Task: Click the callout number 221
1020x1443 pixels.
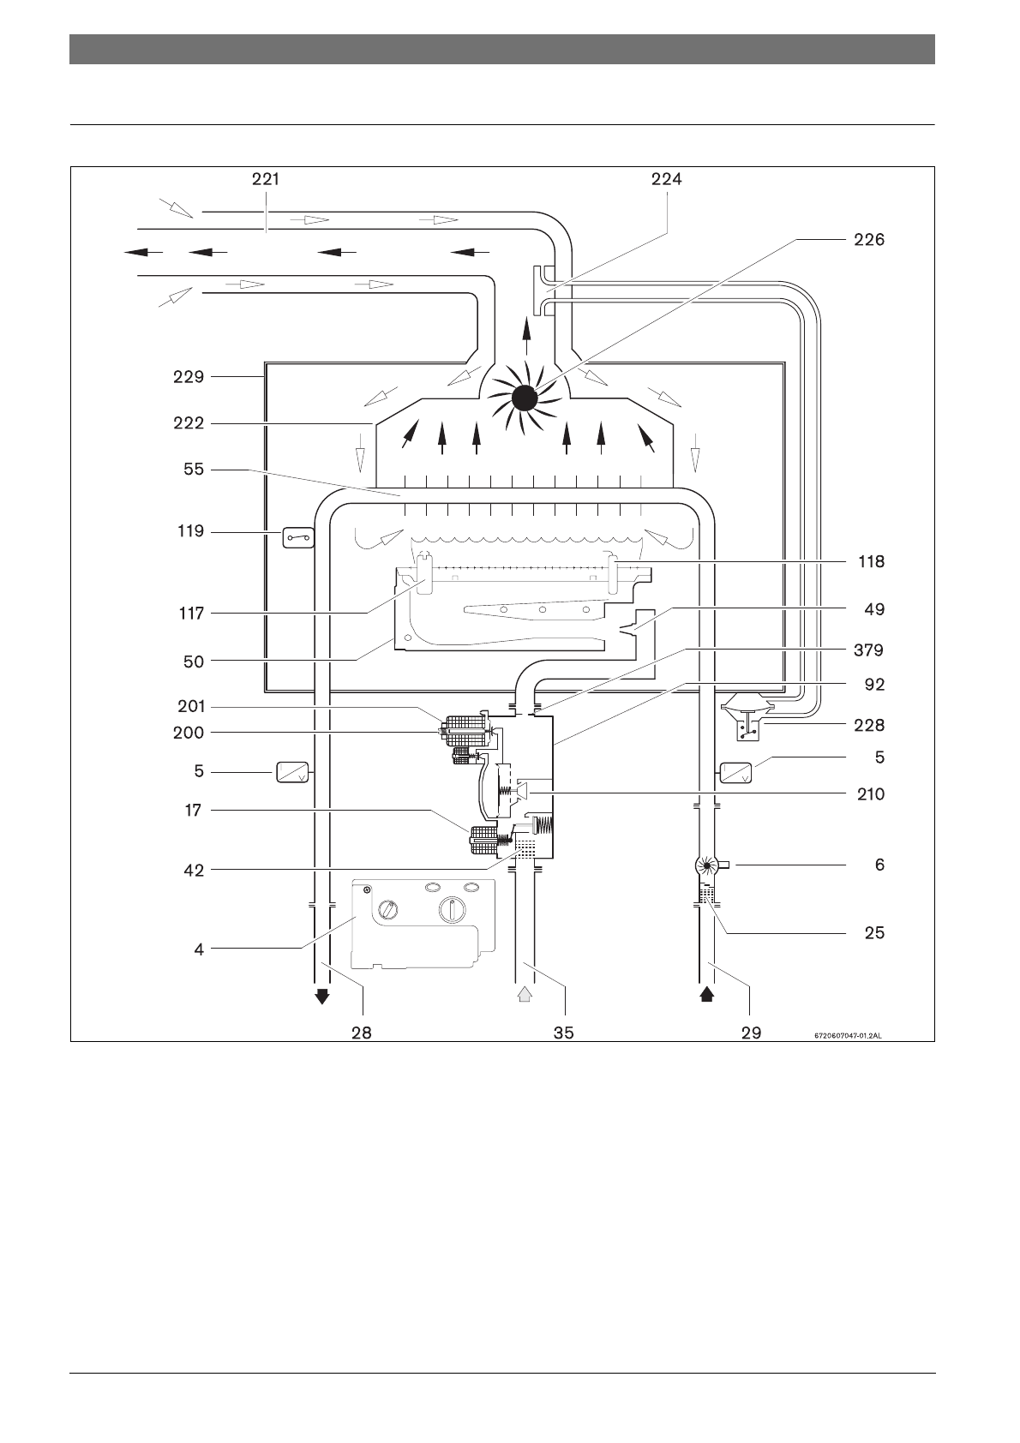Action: tap(266, 179)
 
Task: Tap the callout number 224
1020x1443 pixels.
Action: tap(666, 179)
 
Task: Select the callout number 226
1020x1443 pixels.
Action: tap(869, 240)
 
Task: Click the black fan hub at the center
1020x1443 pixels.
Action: tap(524, 398)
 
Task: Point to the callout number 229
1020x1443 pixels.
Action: tap(189, 377)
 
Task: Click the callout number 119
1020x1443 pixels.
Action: tap(191, 531)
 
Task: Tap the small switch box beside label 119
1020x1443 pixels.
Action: tap(298, 537)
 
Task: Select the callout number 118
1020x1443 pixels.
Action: tap(871, 562)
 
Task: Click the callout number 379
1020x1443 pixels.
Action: tap(868, 650)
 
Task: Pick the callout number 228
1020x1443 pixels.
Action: tap(869, 726)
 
